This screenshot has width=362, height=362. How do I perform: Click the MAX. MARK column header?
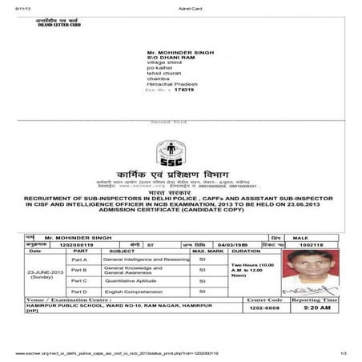point(207,251)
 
